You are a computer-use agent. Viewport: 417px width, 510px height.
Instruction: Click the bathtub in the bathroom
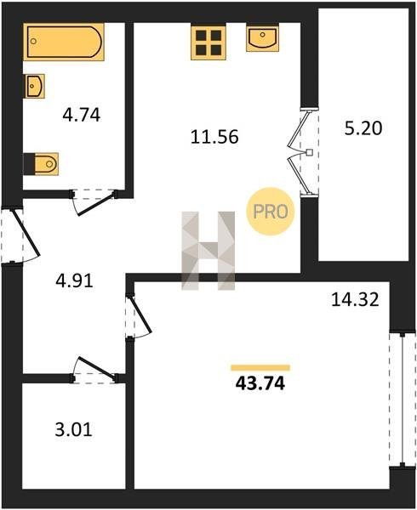click(64, 42)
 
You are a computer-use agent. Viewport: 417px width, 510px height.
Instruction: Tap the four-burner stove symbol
click(208, 42)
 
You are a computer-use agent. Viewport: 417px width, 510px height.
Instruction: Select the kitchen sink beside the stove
click(262, 37)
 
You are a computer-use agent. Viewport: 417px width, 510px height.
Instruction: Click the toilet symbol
click(41, 164)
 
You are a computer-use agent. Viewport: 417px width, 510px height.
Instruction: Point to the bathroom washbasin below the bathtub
click(34, 86)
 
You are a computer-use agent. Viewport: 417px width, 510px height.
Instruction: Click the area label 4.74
click(82, 115)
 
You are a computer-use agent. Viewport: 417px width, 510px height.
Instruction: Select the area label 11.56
click(214, 137)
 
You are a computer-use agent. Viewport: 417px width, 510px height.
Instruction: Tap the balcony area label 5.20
click(363, 128)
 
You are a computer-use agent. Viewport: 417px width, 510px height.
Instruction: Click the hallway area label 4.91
click(75, 280)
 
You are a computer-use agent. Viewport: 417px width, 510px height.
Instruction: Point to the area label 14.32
click(355, 299)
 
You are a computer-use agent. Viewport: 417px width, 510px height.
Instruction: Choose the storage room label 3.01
click(74, 429)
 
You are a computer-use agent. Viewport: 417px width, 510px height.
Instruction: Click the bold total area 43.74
click(260, 383)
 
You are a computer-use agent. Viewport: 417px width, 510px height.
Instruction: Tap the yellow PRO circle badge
click(271, 212)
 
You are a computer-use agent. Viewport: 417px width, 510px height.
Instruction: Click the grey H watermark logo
click(208, 251)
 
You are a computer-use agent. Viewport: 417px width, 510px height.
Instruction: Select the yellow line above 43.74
click(260, 368)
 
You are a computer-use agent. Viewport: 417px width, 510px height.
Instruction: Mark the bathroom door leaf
click(95, 205)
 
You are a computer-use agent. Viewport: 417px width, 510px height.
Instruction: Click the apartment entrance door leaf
click(26, 232)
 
